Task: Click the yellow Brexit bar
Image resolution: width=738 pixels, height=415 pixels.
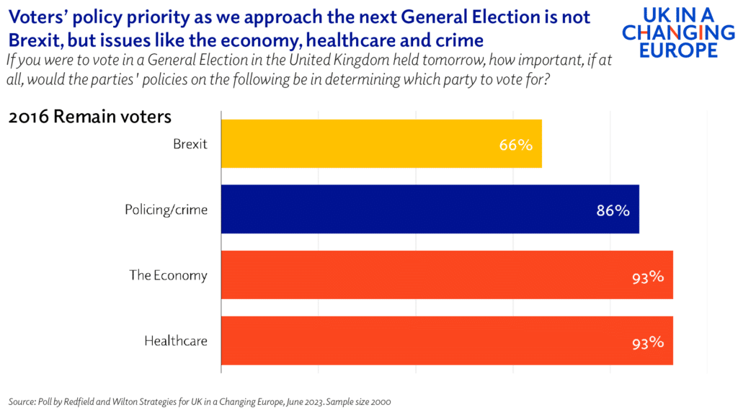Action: [381, 143]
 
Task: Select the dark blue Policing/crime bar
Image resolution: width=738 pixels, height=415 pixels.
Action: [430, 209]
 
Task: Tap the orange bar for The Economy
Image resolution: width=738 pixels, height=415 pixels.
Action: [447, 275]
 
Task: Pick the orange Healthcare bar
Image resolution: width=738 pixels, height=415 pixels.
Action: [447, 340]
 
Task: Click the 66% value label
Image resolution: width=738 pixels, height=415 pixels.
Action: [515, 145]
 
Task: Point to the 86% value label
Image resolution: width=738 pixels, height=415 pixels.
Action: [613, 210]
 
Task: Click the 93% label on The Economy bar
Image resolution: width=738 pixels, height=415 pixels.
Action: [646, 277]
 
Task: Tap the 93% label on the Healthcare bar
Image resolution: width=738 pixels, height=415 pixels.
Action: [646, 342]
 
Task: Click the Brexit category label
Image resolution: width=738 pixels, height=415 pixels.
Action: [190, 143]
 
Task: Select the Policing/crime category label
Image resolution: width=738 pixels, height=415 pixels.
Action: [166, 210]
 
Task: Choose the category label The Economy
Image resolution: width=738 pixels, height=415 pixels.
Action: [168, 275]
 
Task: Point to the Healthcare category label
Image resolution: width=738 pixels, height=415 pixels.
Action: [176, 340]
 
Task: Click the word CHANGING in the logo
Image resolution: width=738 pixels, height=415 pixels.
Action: [677, 32]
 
